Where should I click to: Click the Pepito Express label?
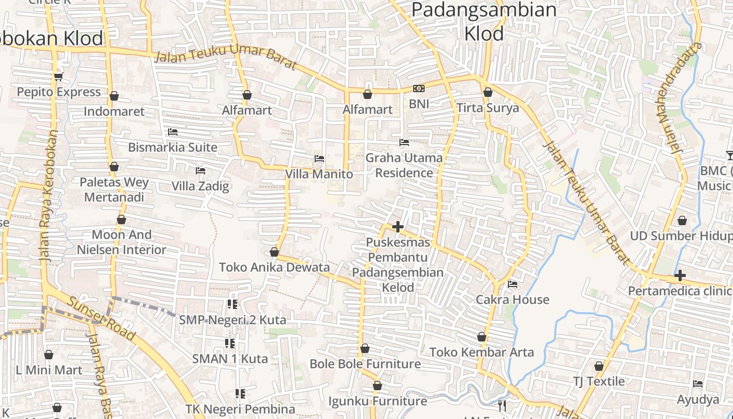coord(59,92)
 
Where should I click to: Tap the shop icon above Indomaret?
coord(114,96)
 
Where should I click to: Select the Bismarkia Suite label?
coord(173,147)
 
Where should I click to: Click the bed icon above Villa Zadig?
coord(200,170)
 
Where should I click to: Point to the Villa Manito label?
coord(319,174)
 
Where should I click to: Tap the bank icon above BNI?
coord(418,89)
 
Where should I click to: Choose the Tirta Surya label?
coord(487,108)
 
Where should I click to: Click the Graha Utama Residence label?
coord(404,165)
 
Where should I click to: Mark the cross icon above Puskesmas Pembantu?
coord(398,227)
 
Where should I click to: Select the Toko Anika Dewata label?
coord(274,267)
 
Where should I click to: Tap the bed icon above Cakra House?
coord(513,284)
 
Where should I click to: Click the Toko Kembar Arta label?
coord(482,352)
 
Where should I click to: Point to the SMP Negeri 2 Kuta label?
coord(232,319)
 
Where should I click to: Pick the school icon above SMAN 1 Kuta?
coord(229,344)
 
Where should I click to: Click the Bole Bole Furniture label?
coord(365,363)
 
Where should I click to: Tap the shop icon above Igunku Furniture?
coord(377,386)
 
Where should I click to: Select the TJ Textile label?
coord(598,381)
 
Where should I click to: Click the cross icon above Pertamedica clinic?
coord(680,275)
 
